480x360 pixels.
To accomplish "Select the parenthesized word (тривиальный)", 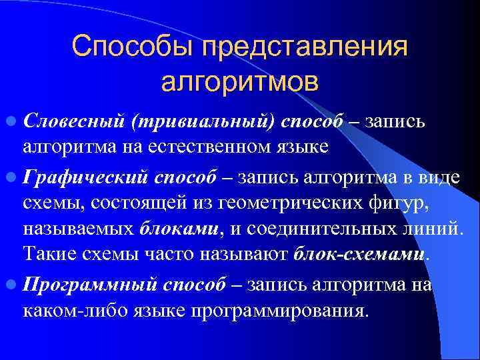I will [x=203, y=123].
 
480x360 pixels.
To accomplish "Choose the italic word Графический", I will [x=85, y=177].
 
